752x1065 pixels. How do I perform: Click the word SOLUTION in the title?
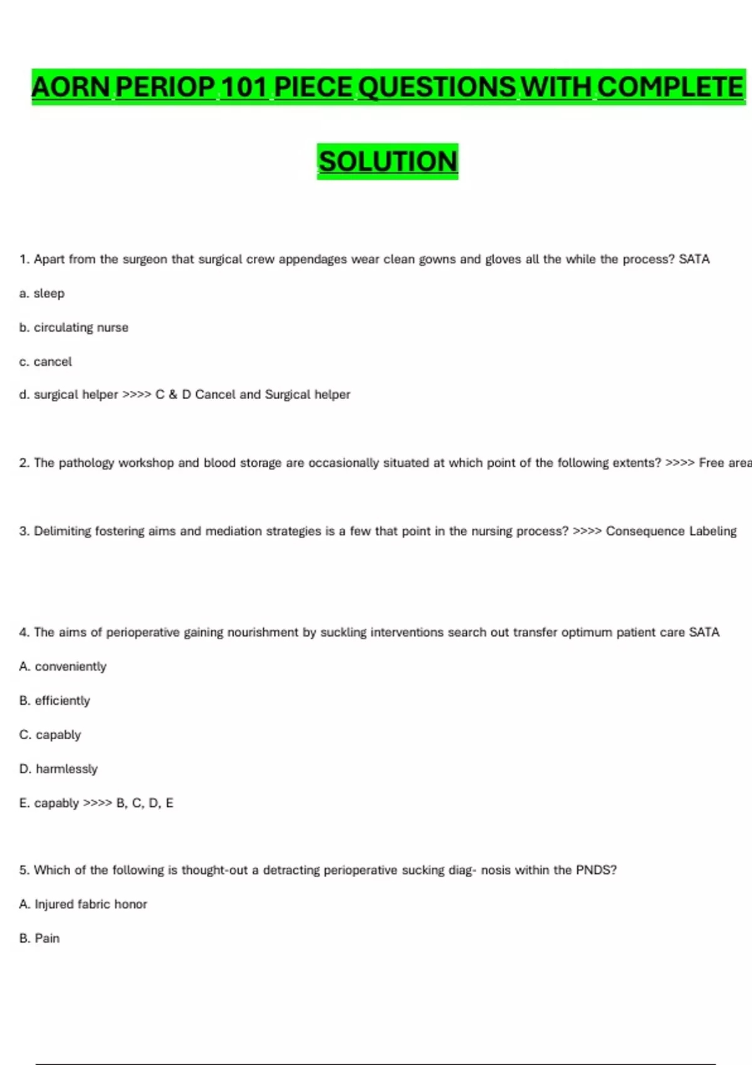388,162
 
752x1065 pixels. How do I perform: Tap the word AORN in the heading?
71,87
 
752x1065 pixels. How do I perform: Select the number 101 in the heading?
244,87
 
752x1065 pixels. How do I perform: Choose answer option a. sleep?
42,293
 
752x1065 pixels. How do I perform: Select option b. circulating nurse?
74,328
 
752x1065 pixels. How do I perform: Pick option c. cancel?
46,361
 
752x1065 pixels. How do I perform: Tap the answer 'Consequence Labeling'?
671,531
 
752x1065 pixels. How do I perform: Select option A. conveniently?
63,667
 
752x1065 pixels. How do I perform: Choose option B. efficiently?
55,700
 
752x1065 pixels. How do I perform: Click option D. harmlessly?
59,769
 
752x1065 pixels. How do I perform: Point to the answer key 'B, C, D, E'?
145,803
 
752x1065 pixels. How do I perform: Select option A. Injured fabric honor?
83,904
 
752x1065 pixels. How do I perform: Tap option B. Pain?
39,938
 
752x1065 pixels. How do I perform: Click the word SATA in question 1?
694,259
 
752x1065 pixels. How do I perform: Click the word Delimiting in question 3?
62,531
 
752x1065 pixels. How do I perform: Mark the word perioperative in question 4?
142,633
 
